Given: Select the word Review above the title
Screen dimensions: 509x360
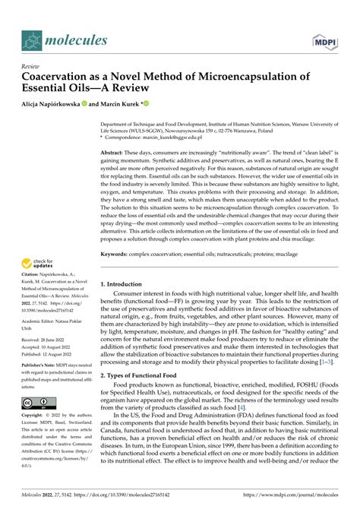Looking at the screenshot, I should [31, 66].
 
